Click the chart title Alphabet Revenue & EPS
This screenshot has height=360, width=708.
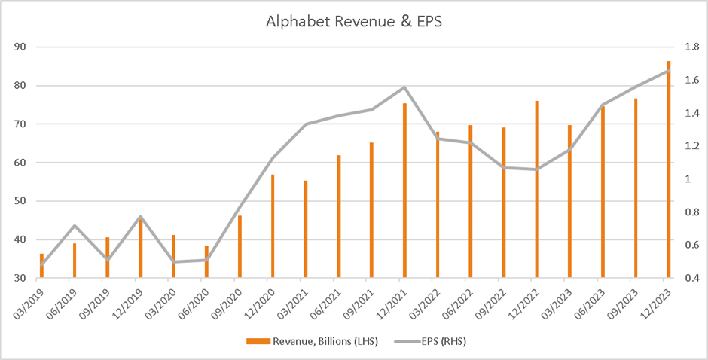(x=354, y=21)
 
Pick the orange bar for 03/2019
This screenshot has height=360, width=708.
(x=41, y=266)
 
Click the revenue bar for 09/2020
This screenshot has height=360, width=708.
(x=240, y=247)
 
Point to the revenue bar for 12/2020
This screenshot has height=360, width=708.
(x=273, y=226)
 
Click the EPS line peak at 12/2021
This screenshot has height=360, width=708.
(x=404, y=87)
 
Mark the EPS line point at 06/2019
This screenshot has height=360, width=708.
(x=75, y=225)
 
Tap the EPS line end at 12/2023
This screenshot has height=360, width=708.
(x=669, y=71)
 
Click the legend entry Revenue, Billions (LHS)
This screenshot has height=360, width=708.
(x=310, y=342)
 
